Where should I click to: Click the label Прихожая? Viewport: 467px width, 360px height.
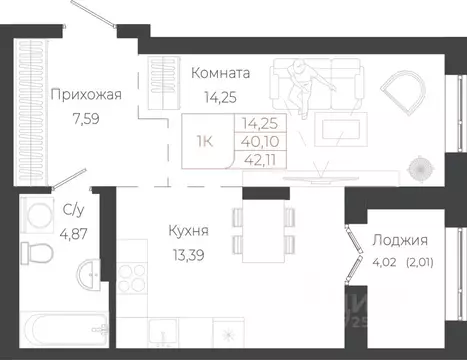point(85,95)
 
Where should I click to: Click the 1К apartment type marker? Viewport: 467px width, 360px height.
point(204,141)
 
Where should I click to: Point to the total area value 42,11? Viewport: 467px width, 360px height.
point(255,157)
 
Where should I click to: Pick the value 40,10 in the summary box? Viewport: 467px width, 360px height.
point(255,141)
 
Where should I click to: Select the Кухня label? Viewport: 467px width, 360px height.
point(188,231)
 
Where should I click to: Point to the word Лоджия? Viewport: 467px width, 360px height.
point(400,240)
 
